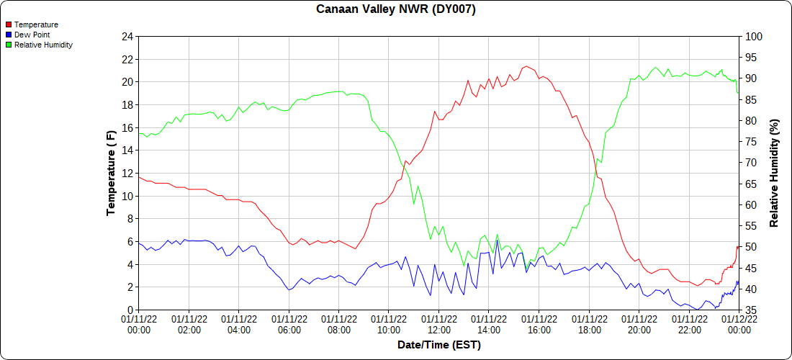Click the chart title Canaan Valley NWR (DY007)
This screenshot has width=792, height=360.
click(395, 9)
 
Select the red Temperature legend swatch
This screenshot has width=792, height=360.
click(9, 24)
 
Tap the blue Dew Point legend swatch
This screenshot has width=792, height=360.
click(9, 35)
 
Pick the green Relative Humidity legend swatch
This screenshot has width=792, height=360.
click(9, 45)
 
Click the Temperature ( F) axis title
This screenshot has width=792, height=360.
click(111, 173)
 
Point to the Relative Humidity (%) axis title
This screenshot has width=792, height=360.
click(775, 173)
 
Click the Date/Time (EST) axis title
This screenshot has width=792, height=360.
click(438, 345)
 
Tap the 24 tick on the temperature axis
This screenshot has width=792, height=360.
click(127, 37)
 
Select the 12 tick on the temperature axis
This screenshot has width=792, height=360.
click(127, 174)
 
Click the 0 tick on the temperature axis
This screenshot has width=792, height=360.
click(130, 310)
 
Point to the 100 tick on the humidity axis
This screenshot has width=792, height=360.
click(752, 37)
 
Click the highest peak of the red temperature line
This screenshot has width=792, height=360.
click(527, 66)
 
